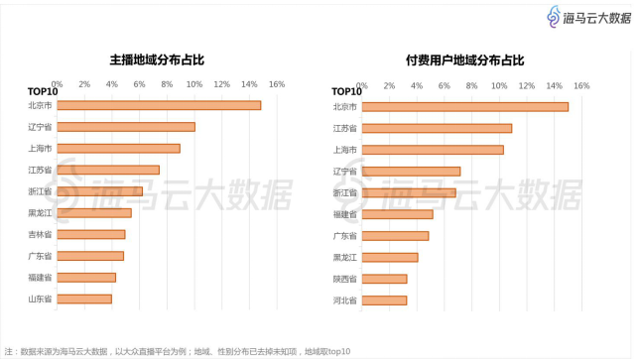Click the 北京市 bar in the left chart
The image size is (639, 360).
159,105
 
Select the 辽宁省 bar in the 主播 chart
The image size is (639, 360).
126,127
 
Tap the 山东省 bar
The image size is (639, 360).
84,299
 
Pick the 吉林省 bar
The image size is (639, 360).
91,234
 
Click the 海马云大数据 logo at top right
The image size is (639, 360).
590,17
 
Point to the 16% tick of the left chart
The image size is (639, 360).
277,84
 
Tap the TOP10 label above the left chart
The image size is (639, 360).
41,92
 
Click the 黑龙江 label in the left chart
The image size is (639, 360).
41,212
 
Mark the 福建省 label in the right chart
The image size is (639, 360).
345,213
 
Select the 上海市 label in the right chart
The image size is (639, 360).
345,150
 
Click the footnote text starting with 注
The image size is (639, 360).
179,351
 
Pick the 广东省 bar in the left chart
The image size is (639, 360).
90,256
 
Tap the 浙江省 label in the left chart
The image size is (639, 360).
41,191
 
